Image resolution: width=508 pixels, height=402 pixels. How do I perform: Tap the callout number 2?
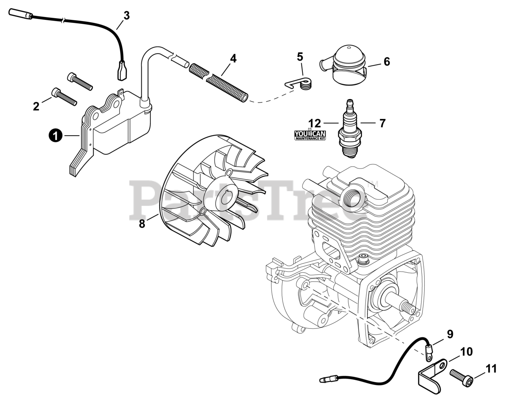tap(36, 106)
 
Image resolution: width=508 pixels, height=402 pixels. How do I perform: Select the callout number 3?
tap(126, 16)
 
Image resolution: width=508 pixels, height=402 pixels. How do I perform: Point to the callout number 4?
tap(233, 59)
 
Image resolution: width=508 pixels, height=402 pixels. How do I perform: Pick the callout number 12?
tap(314, 123)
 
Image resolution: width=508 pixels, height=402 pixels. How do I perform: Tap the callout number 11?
tap(491, 369)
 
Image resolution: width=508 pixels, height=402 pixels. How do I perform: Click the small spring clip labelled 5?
tap(301, 84)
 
